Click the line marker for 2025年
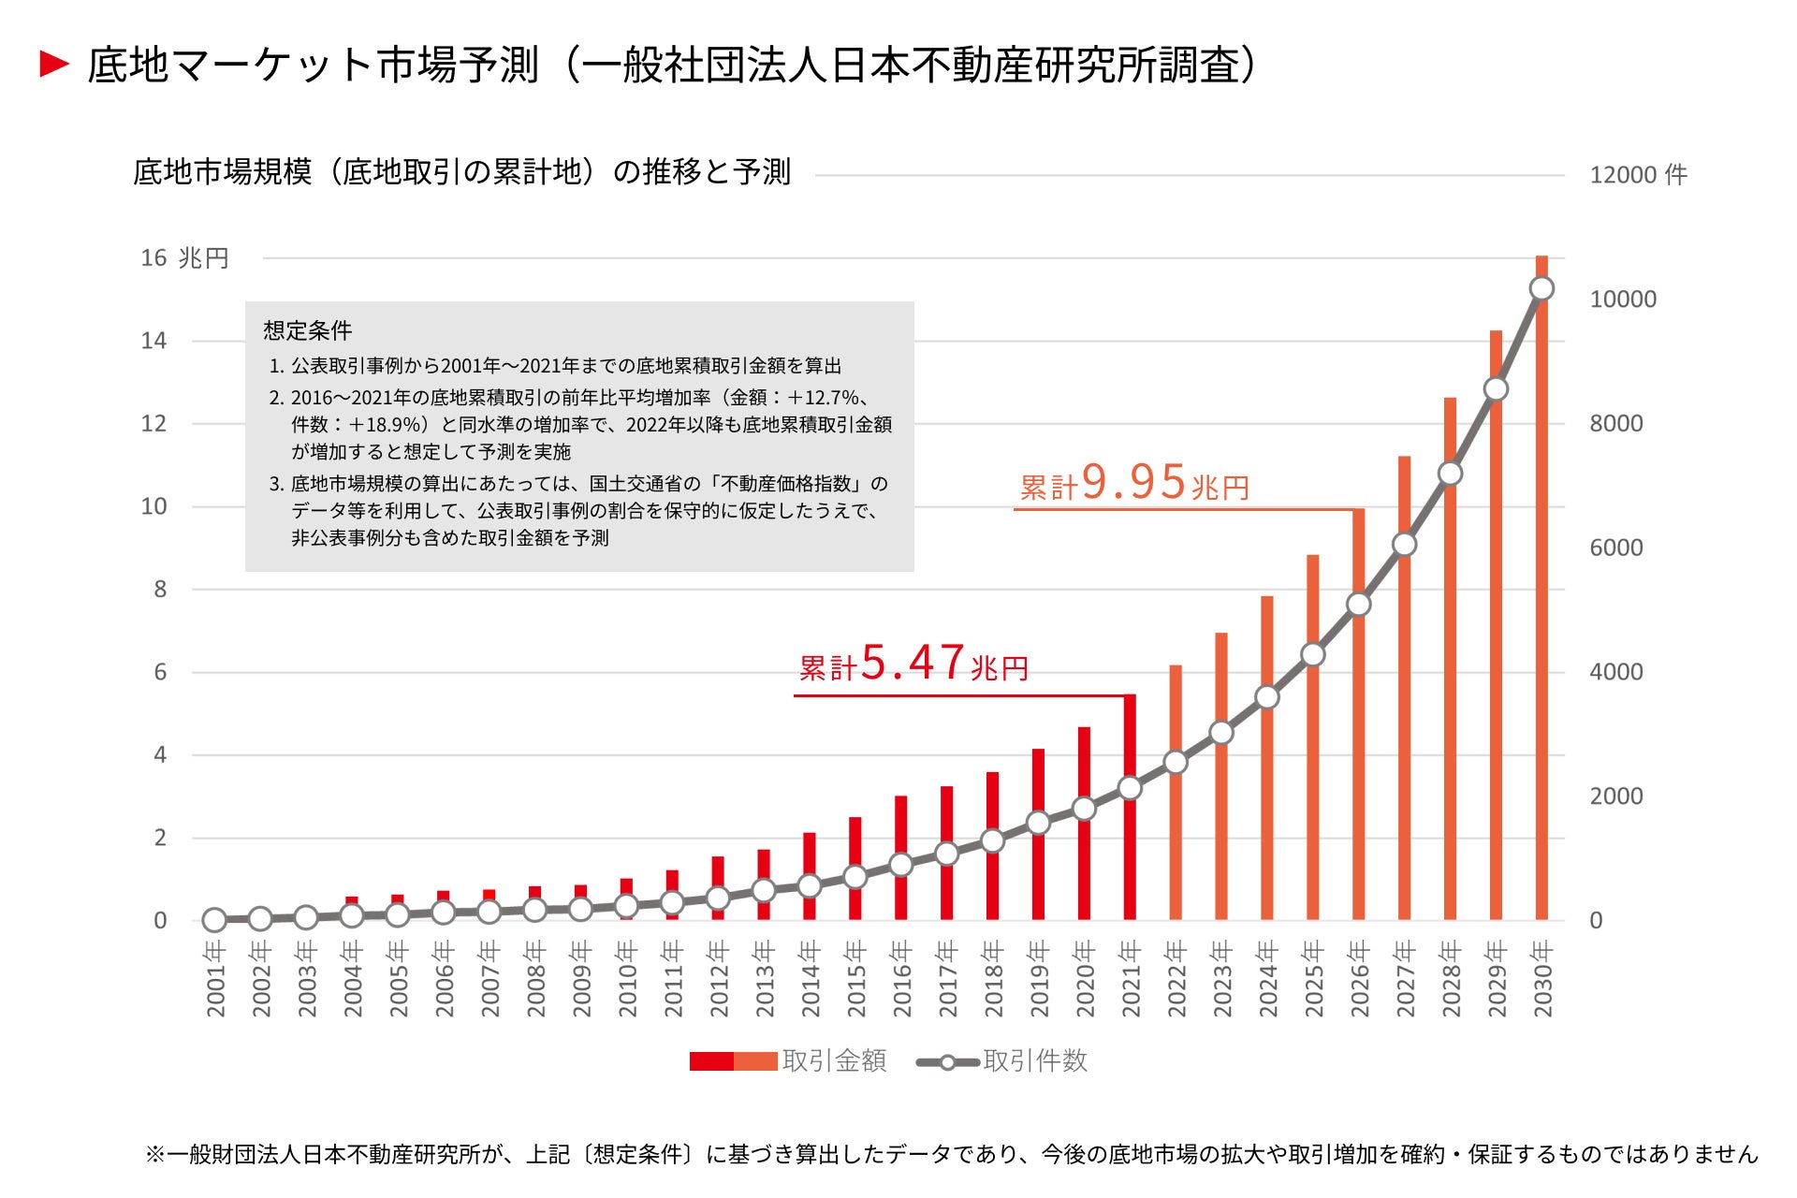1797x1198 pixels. pyautogui.click(x=1313, y=654)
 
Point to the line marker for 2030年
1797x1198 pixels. pyautogui.click(x=1541, y=289)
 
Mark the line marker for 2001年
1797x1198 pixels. pyautogui.click(x=214, y=920)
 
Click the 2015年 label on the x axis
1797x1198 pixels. pyautogui.click(x=855, y=979)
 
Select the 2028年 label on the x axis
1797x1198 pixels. pyautogui.click(x=1451, y=979)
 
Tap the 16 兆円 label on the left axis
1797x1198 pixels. pyautogui.click(x=184, y=258)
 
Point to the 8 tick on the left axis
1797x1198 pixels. pyautogui.click(x=160, y=590)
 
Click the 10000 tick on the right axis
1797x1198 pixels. pyautogui.click(x=1622, y=299)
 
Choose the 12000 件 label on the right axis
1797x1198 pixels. pyautogui.click(x=1638, y=175)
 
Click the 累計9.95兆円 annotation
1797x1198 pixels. pyautogui.click(x=1134, y=484)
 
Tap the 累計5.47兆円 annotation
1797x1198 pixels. pyautogui.click(x=913, y=665)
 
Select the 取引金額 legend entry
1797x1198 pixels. pyautogui.click(x=788, y=1060)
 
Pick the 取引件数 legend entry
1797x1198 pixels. pyautogui.click(x=1001, y=1061)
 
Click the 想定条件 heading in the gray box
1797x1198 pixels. pyautogui.click(x=308, y=330)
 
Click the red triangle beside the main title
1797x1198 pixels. pyautogui.click(x=54, y=65)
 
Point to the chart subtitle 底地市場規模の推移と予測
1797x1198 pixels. pyautogui.click(x=461, y=172)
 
